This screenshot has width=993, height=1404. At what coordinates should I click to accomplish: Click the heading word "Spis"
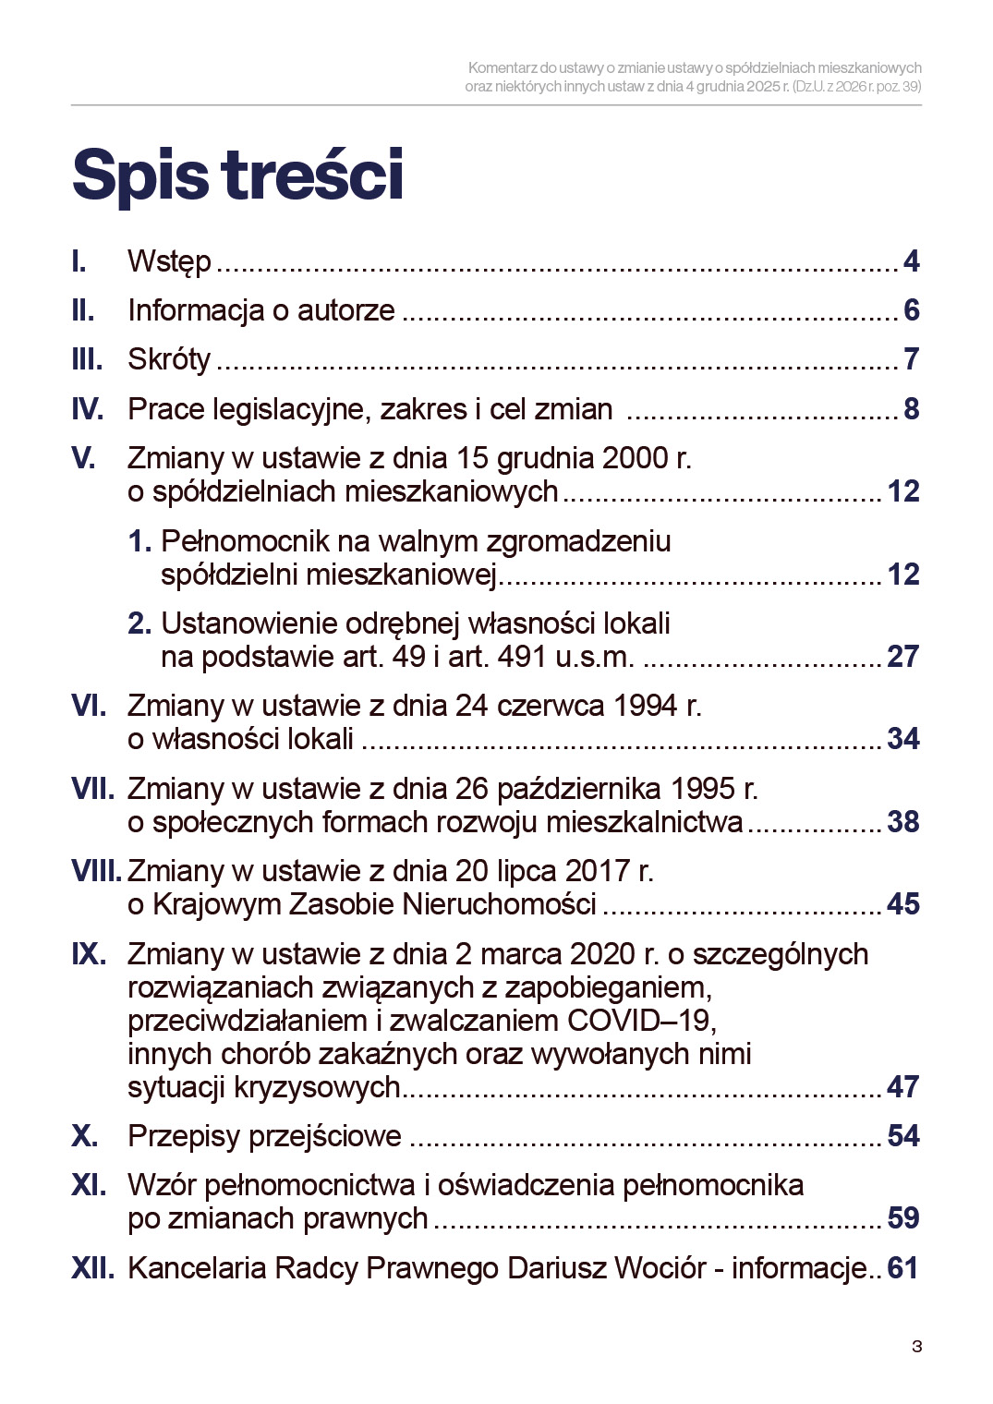click(x=139, y=175)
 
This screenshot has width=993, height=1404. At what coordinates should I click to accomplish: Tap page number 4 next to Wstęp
click(x=911, y=261)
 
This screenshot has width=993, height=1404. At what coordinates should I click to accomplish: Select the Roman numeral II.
click(x=83, y=310)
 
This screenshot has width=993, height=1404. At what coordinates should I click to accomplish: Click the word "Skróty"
click(x=169, y=359)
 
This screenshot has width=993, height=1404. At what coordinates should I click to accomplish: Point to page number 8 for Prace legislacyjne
click(x=911, y=408)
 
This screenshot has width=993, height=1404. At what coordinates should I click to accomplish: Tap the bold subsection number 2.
click(x=139, y=623)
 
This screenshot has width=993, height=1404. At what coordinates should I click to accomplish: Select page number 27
click(x=902, y=656)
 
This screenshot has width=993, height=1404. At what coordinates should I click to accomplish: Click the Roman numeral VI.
click(x=89, y=706)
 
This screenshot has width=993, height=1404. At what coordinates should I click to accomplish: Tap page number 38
click(x=902, y=821)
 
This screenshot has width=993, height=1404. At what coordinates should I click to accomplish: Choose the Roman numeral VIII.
click(x=95, y=871)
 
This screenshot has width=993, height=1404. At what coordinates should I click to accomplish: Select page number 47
click(x=902, y=1086)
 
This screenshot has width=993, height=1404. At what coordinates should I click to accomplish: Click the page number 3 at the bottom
click(x=916, y=1346)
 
